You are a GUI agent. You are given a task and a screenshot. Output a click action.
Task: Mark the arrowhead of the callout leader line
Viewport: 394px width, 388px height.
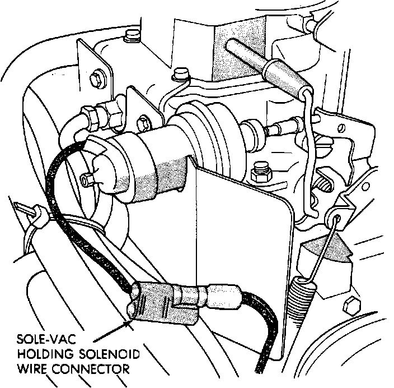[128, 321]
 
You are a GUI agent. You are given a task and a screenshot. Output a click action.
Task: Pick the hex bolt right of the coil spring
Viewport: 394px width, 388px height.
[351, 307]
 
